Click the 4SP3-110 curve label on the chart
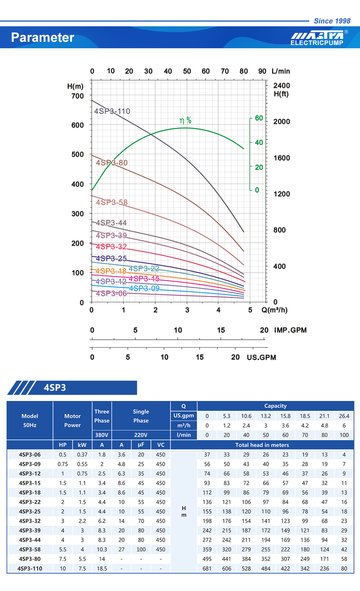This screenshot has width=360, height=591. click(x=112, y=111)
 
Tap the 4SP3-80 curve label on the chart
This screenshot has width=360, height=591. click(x=112, y=163)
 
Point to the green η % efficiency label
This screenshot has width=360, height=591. click(x=185, y=121)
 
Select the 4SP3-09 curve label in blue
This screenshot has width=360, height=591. click(x=144, y=288)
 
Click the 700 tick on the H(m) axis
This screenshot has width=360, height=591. click(x=77, y=96)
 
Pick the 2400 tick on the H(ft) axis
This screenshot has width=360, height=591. click(x=282, y=86)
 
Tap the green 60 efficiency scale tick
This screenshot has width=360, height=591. click(x=259, y=118)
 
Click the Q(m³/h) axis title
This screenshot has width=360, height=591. click(x=274, y=310)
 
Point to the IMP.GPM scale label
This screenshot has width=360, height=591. click(x=290, y=330)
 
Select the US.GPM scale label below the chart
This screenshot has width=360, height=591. click(x=261, y=357)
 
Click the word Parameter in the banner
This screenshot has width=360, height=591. click(x=42, y=37)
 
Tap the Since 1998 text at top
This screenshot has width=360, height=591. click(x=332, y=21)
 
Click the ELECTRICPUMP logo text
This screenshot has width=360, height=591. click(x=317, y=43)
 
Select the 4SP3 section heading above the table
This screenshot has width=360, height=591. click(x=55, y=388)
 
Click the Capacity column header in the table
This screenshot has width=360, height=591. click(x=275, y=406)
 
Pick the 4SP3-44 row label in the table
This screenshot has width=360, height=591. click(x=30, y=540)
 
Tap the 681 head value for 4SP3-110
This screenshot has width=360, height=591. click(x=207, y=568)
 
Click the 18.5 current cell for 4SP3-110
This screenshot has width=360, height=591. click(x=102, y=568)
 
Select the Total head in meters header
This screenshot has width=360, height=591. click(x=262, y=445)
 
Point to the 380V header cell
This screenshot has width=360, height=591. click(x=102, y=435)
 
